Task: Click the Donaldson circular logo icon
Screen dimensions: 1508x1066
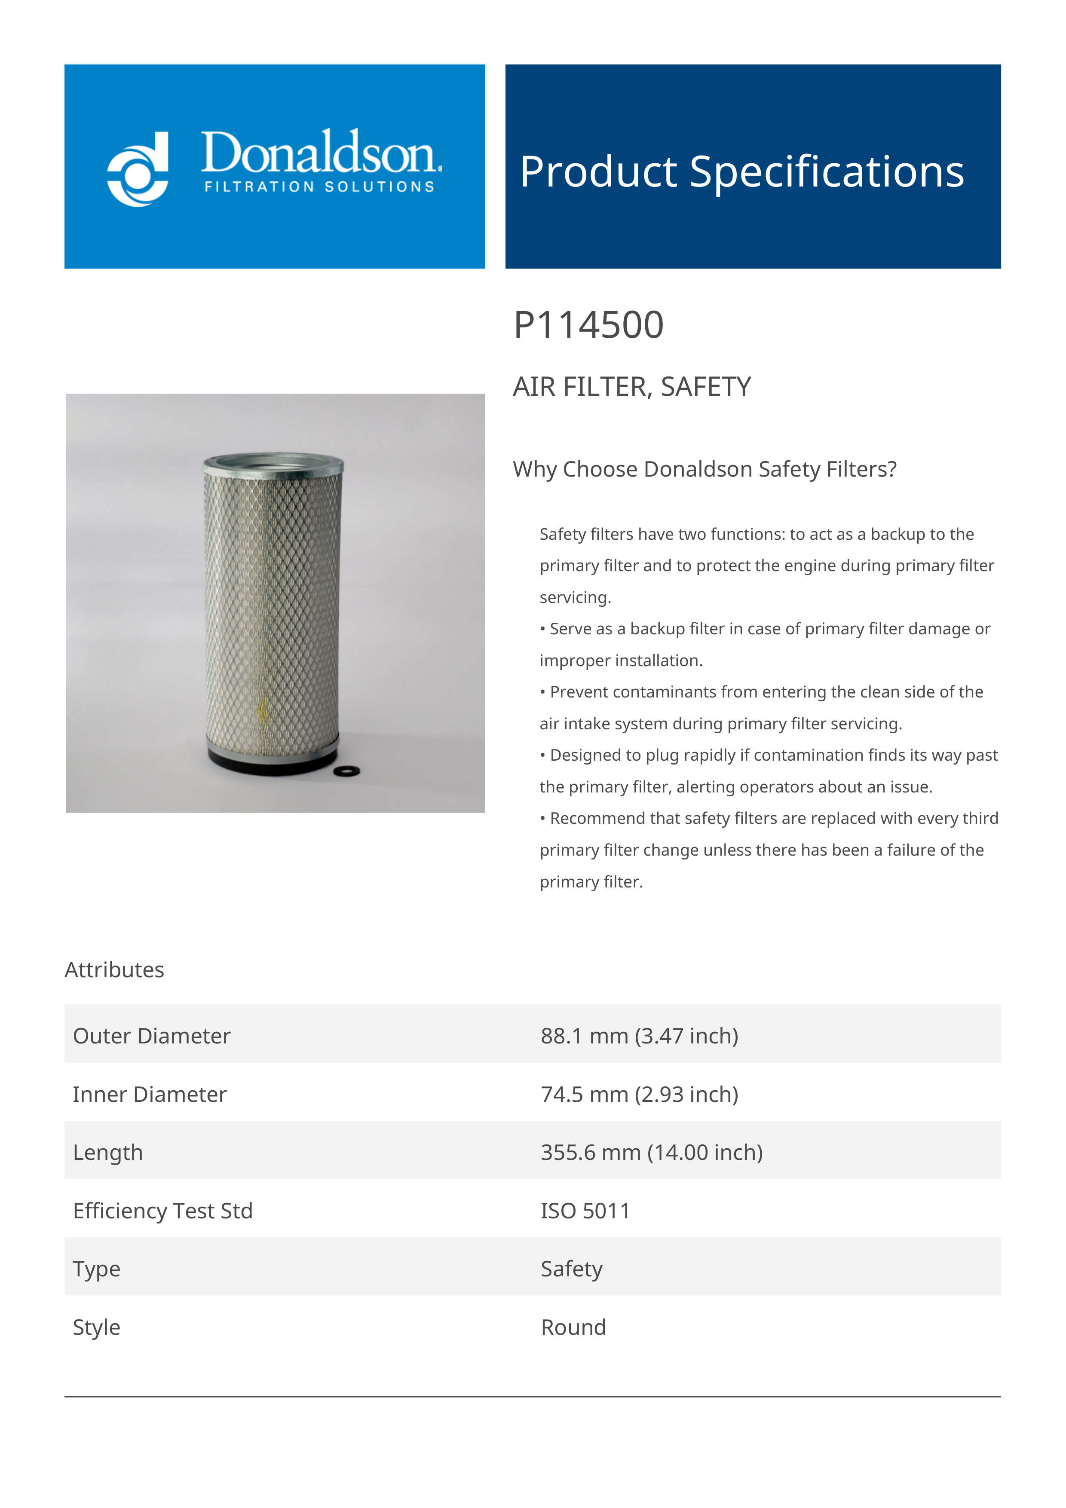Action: tap(138, 169)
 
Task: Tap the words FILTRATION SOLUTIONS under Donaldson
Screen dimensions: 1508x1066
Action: tap(319, 187)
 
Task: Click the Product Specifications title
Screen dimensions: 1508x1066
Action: tap(741, 171)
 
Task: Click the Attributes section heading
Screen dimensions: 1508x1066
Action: tap(114, 970)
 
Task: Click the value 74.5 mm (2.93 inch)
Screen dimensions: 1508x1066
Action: tap(639, 1094)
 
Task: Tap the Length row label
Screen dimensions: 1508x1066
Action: tap(108, 1153)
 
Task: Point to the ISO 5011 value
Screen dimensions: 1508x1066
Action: tap(585, 1211)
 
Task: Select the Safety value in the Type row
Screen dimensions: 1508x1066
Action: tap(571, 1269)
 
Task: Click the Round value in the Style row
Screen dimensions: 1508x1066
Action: tap(573, 1328)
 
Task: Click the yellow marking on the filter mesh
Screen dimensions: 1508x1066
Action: tap(263, 713)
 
